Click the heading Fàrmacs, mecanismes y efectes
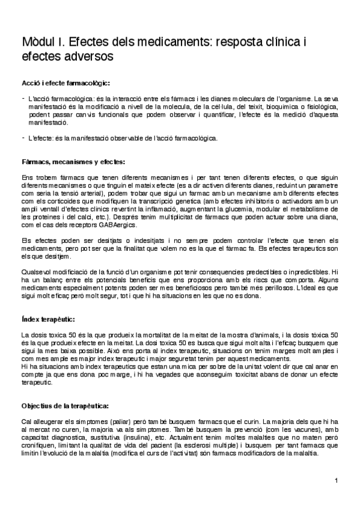click(x=73, y=161)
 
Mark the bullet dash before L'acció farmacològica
click(x=22, y=97)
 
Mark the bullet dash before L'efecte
click(x=22, y=137)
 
